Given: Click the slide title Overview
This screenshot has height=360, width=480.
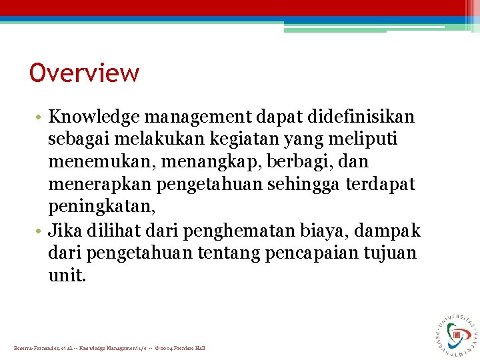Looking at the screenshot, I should pos(84,73).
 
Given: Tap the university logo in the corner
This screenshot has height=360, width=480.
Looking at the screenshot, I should pos(457,331).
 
